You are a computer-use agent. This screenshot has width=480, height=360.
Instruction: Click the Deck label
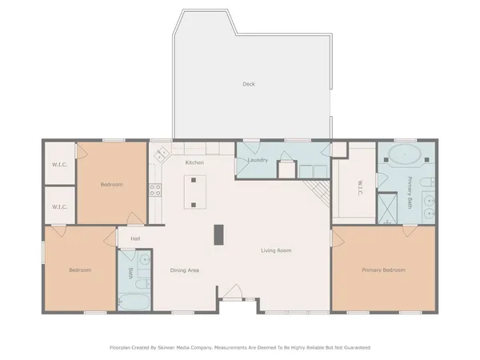(x=248, y=83)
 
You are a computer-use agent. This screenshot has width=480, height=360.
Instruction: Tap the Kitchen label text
(x=194, y=162)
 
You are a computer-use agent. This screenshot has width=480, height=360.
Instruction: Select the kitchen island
(x=192, y=192)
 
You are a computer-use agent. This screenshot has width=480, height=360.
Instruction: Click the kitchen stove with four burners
(x=155, y=190)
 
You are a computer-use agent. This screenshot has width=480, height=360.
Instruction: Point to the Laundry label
(x=258, y=160)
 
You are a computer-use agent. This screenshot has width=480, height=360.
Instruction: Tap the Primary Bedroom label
(x=382, y=270)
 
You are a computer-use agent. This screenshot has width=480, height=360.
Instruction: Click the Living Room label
(x=275, y=251)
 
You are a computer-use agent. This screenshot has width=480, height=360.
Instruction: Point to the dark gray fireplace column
(x=218, y=234)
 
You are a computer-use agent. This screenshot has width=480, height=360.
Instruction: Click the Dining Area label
(x=184, y=270)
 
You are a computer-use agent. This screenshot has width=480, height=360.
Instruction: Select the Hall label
(x=135, y=238)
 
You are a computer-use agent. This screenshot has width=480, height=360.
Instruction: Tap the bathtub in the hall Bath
(x=134, y=302)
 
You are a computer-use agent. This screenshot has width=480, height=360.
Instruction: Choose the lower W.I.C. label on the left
(x=59, y=206)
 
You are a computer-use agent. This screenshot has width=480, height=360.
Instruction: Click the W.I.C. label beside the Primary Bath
(x=360, y=189)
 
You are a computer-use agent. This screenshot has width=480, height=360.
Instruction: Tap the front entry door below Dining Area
(x=234, y=293)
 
